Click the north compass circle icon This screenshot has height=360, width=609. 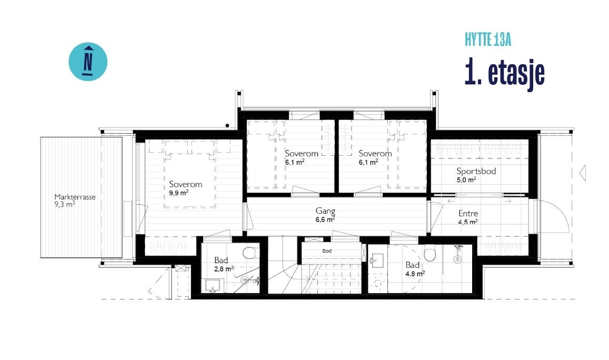pos(88,62)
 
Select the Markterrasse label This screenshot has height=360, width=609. pos(75,197)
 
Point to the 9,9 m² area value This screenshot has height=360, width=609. pos(179,193)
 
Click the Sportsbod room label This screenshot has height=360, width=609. pos(476,171)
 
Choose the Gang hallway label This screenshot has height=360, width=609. pos(326,212)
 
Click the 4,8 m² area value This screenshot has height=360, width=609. pos(415,274)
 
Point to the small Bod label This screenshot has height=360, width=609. pos(327,251)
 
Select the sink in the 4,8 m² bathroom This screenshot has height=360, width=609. pos(377,260)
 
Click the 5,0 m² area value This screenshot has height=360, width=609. pos(466,179)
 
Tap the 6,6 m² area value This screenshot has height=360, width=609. pos(325,219)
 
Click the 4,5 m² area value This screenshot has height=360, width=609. pos(467,222)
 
